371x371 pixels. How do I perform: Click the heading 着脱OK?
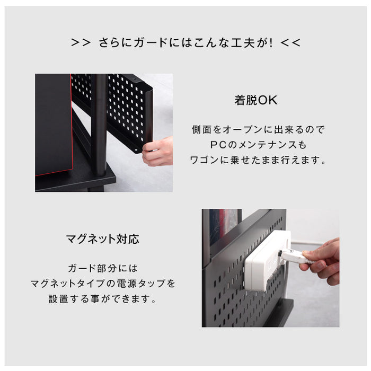(256, 100)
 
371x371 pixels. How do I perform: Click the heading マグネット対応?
(103, 239)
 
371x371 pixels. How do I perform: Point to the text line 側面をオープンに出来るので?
(257, 129)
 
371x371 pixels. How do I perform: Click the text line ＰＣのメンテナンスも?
(257, 145)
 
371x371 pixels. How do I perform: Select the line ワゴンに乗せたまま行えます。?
(257, 160)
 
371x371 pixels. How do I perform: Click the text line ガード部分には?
(103, 268)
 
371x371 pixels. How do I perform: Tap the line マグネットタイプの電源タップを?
(103, 284)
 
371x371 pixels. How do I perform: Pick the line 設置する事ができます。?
(103, 299)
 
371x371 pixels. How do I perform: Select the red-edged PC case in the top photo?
(53, 125)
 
